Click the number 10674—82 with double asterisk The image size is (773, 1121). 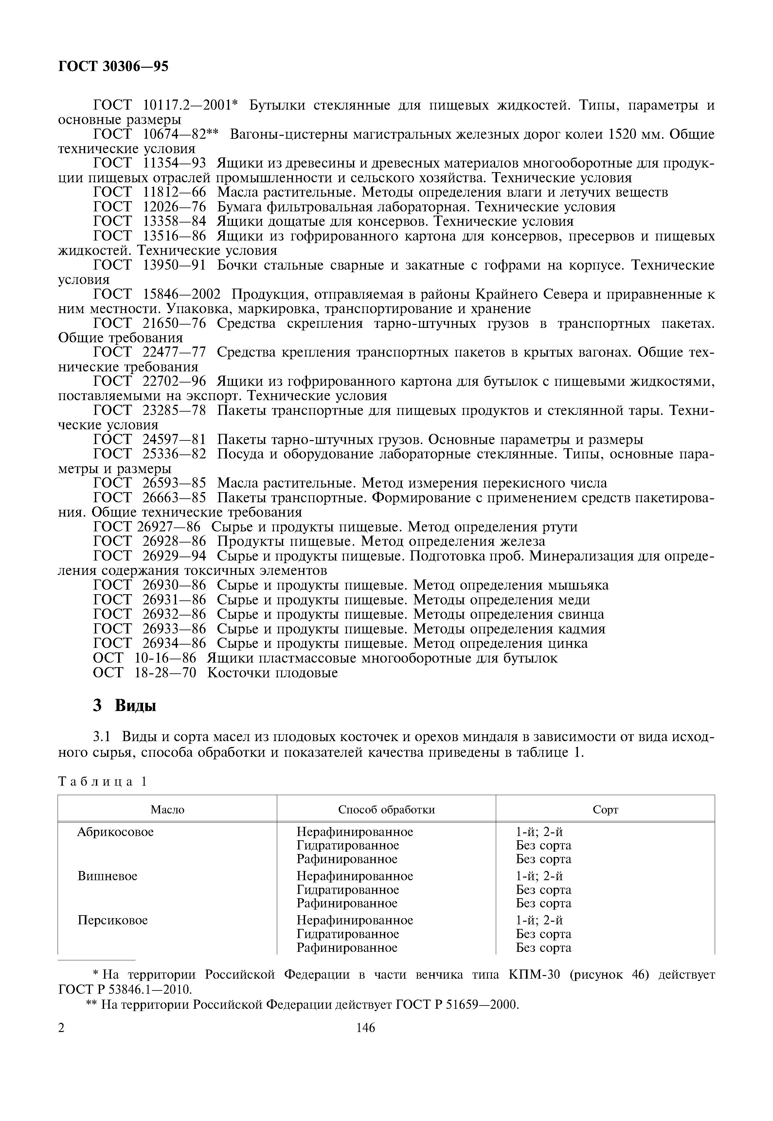pyautogui.click(x=181, y=134)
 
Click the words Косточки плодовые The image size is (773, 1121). pyautogui.click(x=272, y=673)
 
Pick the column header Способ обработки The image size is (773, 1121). pyautogui.click(x=386, y=809)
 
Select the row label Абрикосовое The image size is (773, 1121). pyautogui.click(x=115, y=832)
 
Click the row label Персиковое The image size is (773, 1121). pyautogui.click(x=112, y=920)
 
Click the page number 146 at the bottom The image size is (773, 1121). pyautogui.click(x=366, y=1041)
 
